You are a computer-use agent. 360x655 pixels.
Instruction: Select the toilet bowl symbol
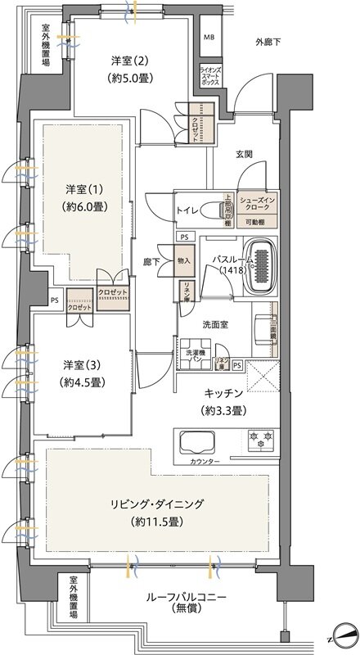[223, 210]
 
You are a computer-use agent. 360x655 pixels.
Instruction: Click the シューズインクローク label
[257, 206]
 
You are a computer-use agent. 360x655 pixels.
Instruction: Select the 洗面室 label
[216, 323]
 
